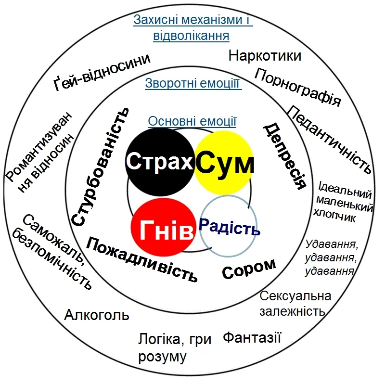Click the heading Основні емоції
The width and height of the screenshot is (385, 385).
tap(192, 121)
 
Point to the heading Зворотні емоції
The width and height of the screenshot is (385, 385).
tap(193, 84)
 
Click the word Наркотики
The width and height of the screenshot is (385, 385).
tap(265, 56)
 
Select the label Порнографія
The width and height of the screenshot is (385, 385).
tap(298, 87)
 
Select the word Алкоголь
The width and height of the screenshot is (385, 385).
tap(97, 315)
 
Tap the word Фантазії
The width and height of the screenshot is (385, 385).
tap(252, 337)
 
